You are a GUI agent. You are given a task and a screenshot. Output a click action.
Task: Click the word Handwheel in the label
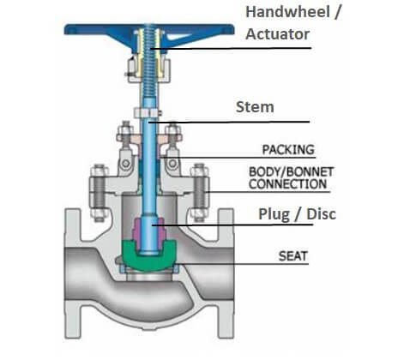pos(287,13)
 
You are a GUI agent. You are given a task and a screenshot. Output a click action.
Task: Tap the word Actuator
pos(277,34)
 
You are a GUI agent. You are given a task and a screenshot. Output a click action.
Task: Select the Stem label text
pos(255,107)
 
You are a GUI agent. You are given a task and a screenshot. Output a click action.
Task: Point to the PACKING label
pos(288,150)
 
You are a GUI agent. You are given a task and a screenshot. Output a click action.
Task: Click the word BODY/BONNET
pos(291,172)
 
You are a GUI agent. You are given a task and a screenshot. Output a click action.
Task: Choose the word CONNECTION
pos(287,184)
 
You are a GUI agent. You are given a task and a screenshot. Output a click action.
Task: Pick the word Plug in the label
pos(274,214)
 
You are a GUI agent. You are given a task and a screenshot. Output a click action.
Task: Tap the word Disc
pos(321,214)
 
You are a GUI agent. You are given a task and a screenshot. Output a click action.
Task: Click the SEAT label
pos(293,256)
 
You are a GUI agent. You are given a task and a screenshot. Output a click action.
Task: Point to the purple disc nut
pos(149,230)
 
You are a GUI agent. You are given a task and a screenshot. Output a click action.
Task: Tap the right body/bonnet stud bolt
pos(200,193)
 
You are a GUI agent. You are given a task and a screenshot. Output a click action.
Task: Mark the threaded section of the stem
pos(149,62)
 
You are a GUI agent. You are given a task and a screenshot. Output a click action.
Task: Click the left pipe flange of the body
pos(73,273)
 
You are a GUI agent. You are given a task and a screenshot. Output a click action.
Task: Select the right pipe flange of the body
pos(226,273)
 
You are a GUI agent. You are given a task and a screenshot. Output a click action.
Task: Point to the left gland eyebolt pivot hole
pos(125,164)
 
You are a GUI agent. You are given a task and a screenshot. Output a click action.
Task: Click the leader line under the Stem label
pos(229,122)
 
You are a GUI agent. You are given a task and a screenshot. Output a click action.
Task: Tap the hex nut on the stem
pos(148,113)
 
